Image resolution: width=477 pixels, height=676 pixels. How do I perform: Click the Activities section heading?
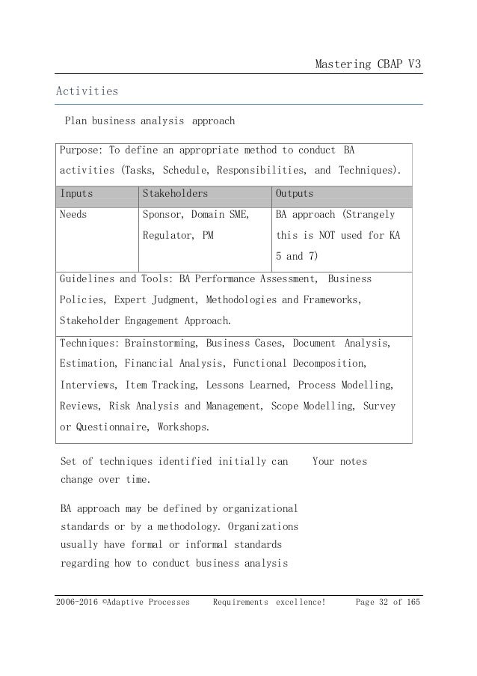[x=87, y=91]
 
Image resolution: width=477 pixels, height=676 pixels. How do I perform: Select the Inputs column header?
[x=75, y=193]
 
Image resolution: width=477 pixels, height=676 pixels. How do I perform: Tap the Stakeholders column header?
[x=174, y=193]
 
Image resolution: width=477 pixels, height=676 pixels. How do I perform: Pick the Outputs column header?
[x=295, y=193]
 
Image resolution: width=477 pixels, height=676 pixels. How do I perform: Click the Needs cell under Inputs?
[x=73, y=214]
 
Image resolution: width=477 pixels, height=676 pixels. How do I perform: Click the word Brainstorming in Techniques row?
[x=161, y=344]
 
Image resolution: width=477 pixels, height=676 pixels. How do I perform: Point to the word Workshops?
[x=182, y=427]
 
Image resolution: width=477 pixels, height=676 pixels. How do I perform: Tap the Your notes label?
[x=339, y=461]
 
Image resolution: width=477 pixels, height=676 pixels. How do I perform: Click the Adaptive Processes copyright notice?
[x=123, y=602]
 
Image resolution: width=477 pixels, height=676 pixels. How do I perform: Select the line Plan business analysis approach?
[x=150, y=120]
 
